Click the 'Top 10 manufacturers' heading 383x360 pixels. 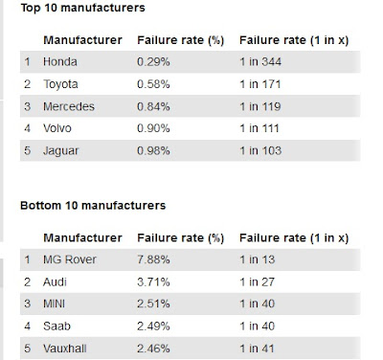pos(79,9)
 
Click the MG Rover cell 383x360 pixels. pos(72,259)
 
